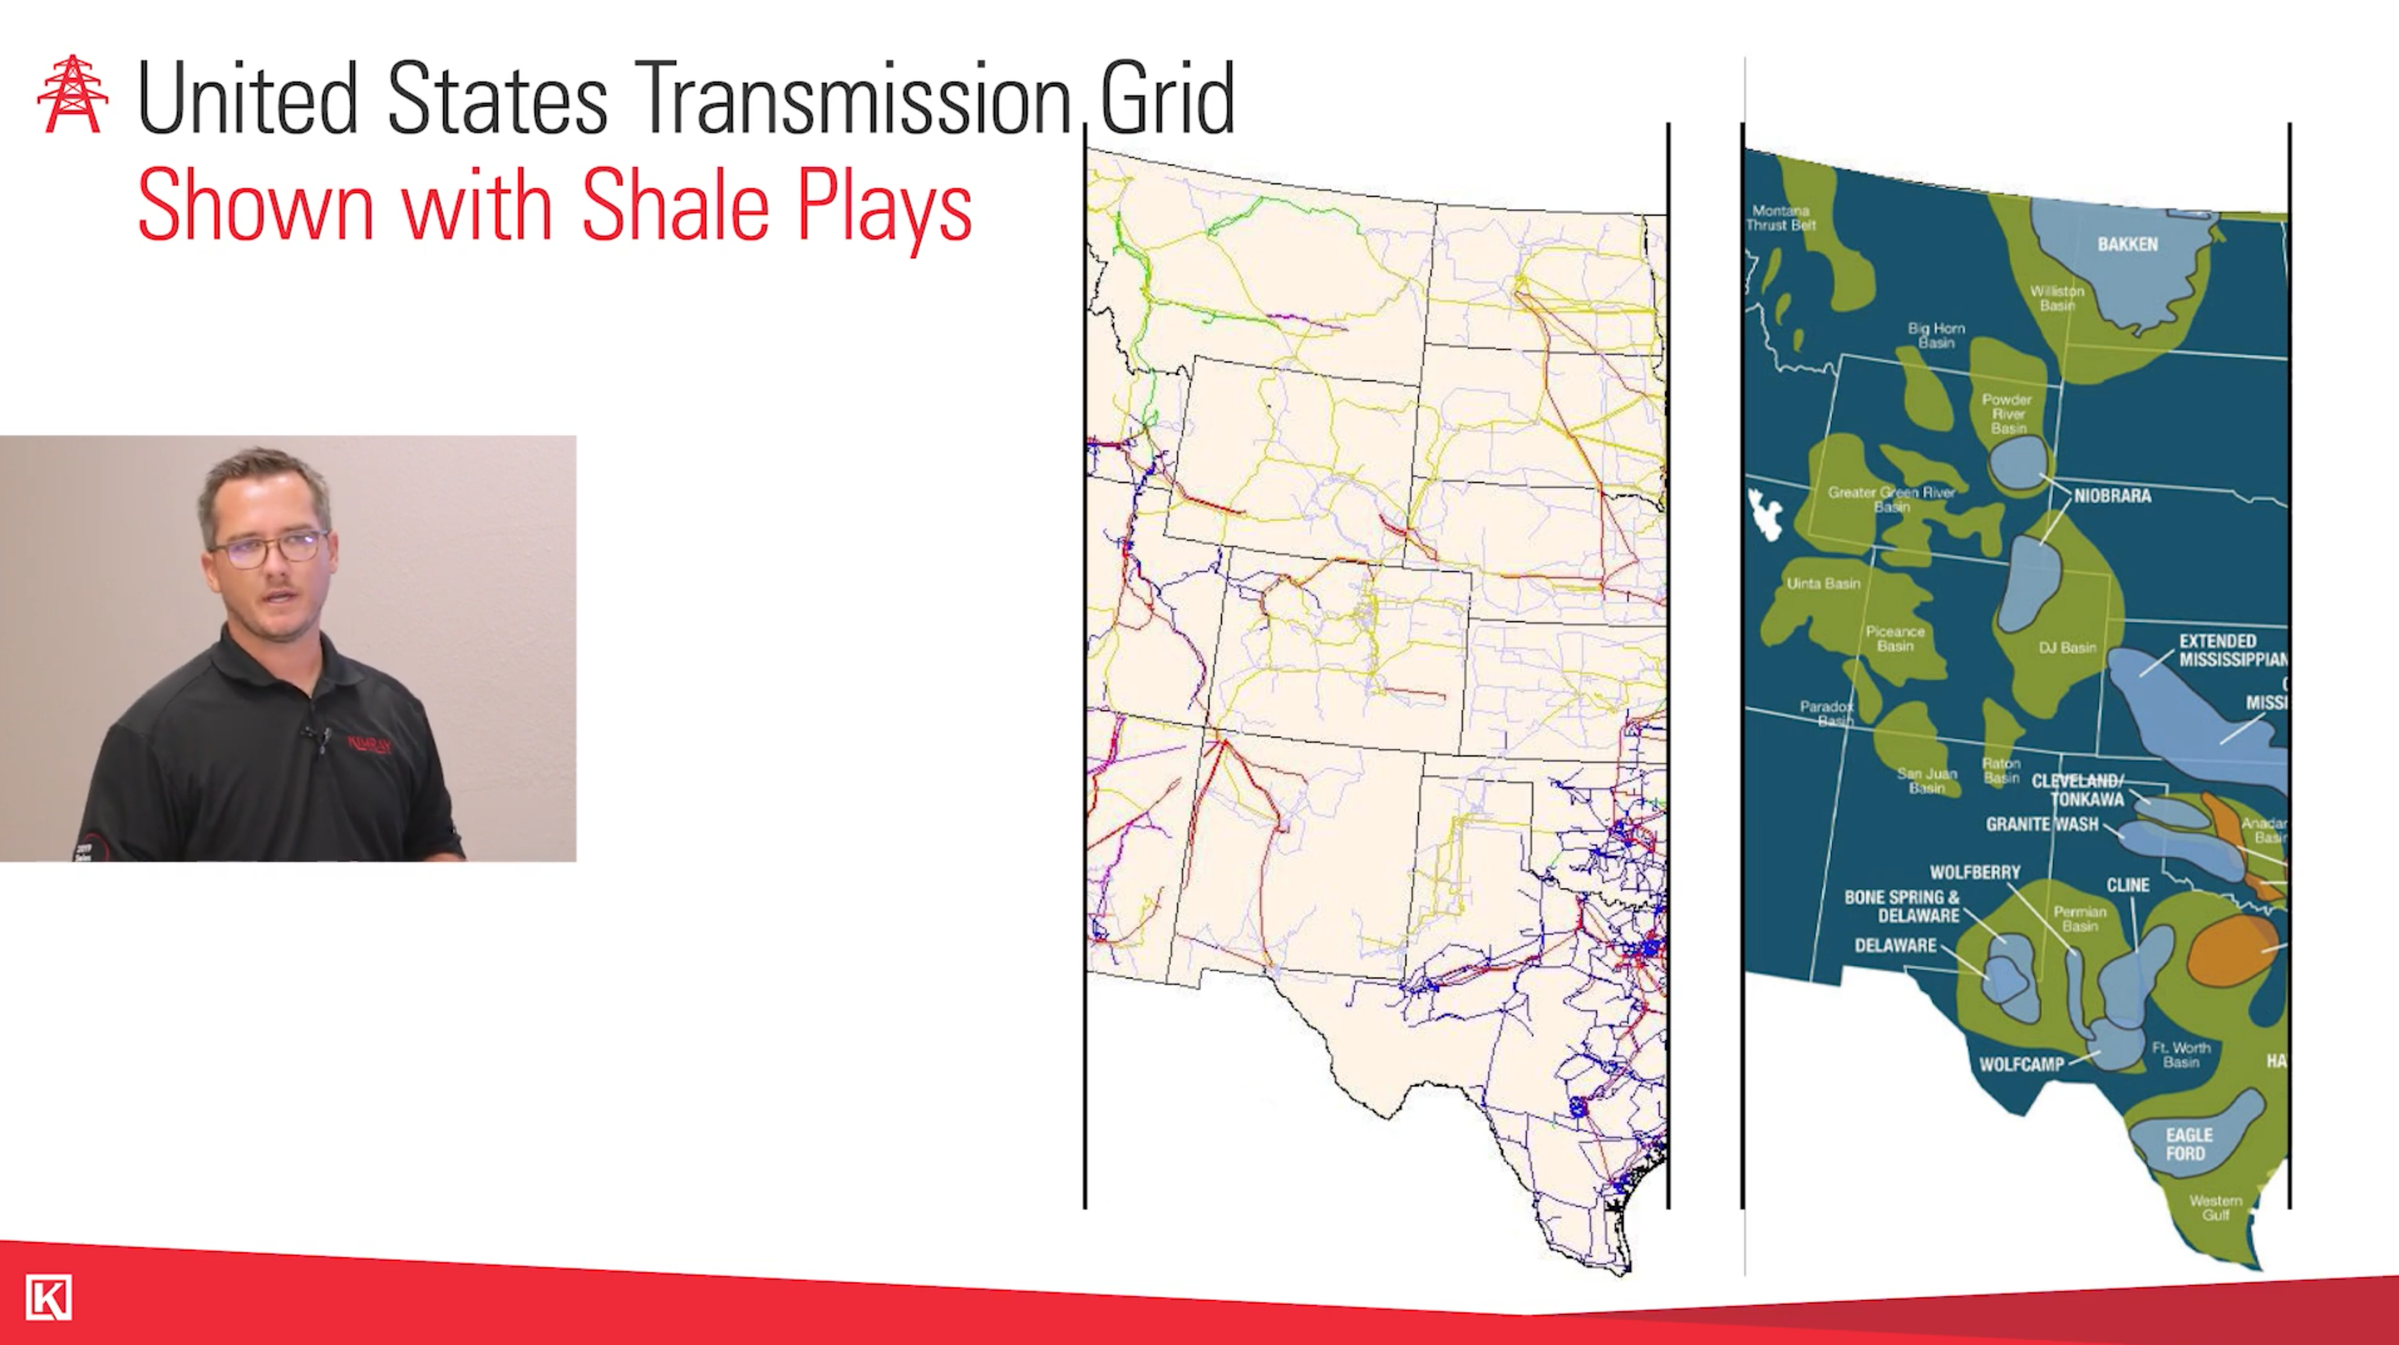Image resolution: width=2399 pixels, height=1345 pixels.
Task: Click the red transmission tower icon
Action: coord(73,94)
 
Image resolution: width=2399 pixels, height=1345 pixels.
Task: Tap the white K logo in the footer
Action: coord(48,1297)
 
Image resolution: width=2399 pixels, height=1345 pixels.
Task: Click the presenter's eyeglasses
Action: coord(269,548)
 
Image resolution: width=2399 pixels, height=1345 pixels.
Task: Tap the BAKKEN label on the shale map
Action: coord(2127,244)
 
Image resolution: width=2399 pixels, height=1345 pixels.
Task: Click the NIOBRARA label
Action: coord(2112,496)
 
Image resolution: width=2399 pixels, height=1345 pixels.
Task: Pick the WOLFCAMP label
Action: coord(2021,1064)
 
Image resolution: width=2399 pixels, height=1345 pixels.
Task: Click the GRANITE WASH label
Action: coord(2041,824)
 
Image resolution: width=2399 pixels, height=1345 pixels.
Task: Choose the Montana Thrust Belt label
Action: coord(1780,218)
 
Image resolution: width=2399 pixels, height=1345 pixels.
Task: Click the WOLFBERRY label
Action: coord(1974,873)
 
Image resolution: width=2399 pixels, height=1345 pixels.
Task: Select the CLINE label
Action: coord(2127,885)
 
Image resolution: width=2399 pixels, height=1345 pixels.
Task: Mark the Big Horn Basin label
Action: coord(1935,336)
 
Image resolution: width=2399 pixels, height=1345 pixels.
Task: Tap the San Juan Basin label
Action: coord(1926,780)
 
